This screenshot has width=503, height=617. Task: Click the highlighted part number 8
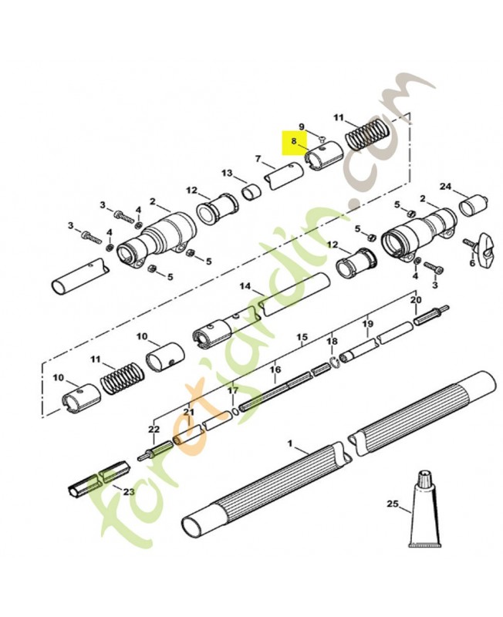pyautogui.click(x=294, y=141)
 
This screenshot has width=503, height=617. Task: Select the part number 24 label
pyautogui.click(x=445, y=187)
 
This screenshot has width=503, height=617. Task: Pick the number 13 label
pyautogui.click(x=227, y=173)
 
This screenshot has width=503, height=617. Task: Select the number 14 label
pyautogui.click(x=245, y=285)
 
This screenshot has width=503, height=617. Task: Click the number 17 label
pyautogui.click(x=233, y=391)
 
